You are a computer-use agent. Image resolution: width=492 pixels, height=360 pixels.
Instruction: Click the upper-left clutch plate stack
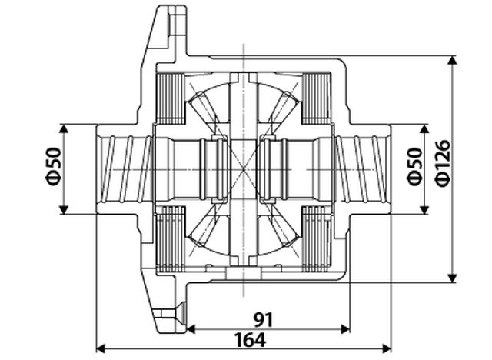click(x=170, y=97)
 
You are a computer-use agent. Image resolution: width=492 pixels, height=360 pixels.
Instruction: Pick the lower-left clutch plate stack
click(x=170, y=240)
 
